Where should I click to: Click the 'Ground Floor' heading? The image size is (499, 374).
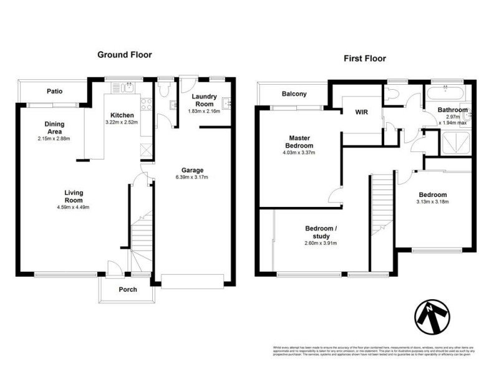124,55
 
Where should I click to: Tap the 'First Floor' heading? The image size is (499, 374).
365,59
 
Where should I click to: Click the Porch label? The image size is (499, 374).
128,289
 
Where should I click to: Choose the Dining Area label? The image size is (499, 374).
54,128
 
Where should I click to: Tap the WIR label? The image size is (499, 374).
361,113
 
